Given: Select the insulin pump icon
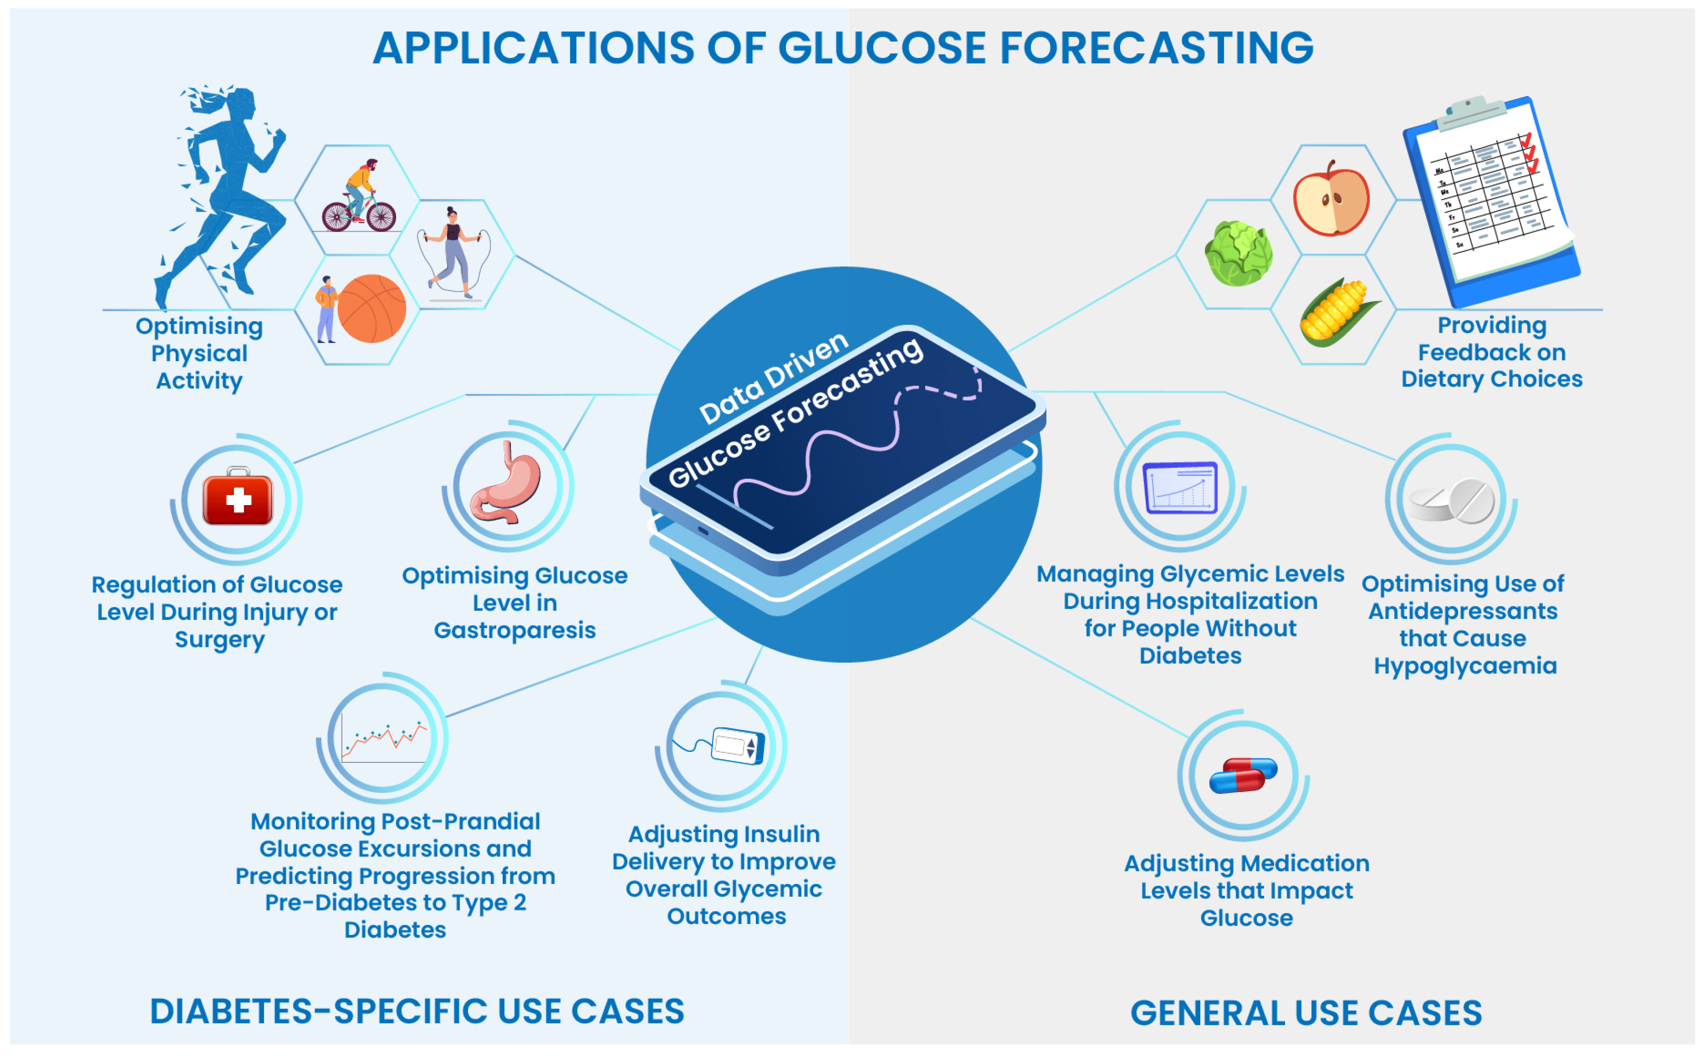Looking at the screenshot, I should pyautogui.click(x=735, y=745).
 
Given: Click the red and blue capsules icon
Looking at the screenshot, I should pyautogui.click(x=1243, y=775).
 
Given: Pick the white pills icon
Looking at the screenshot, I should pyautogui.click(x=1452, y=501).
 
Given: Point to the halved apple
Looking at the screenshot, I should pyautogui.click(x=1331, y=200).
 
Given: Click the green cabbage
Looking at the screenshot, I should pyautogui.click(x=1238, y=253).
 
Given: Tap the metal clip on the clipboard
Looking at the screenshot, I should pyautogui.click(x=1473, y=111).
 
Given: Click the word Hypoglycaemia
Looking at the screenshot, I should pyautogui.click(x=1465, y=666).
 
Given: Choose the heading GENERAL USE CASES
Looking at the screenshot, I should pyautogui.click(x=1306, y=1012).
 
